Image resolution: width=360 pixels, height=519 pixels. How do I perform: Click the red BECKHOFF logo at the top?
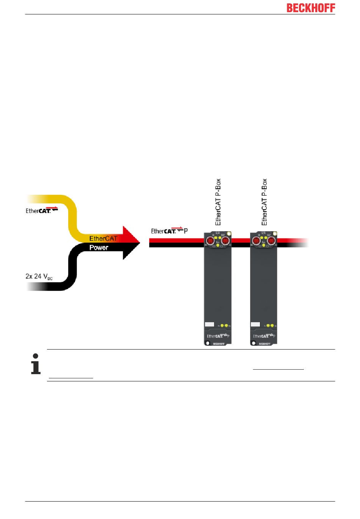[311, 8]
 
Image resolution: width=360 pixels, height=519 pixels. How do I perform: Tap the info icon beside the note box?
[36, 364]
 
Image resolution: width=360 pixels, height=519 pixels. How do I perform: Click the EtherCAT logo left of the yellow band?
[42, 210]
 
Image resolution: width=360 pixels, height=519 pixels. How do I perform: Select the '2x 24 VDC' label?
[39, 277]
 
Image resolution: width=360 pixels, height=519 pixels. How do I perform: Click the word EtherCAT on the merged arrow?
[103, 238]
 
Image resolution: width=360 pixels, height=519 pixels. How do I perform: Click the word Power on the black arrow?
[99, 248]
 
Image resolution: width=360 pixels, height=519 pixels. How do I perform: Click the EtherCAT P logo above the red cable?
[169, 231]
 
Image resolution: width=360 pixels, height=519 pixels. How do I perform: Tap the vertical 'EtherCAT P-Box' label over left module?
[218, 202]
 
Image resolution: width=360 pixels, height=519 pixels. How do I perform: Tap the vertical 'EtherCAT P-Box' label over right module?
[264, 202]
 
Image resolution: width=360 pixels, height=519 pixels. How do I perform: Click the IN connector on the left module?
[210, 240]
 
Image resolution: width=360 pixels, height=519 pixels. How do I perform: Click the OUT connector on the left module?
[225, 240]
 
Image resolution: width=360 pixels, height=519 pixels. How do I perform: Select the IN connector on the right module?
[256, 240]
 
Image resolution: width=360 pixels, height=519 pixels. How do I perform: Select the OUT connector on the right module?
[271, 240]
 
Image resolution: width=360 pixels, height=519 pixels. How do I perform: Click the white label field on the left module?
[210, 325]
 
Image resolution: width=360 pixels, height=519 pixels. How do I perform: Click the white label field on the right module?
[255, 325]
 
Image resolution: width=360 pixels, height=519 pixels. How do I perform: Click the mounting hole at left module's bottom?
[207, 343]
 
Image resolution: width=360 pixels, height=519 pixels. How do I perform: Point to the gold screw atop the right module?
[275, 234]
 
